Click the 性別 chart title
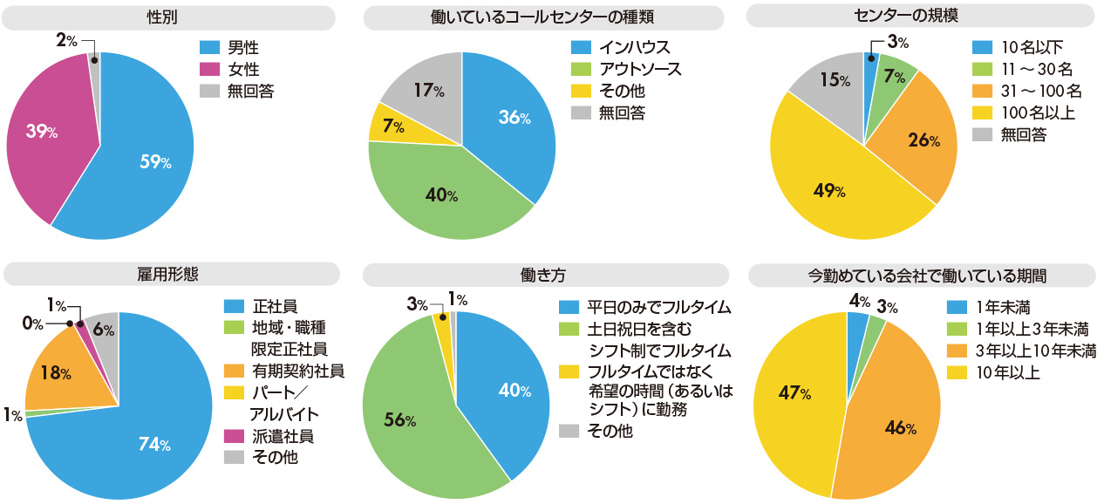(x=168, y=17)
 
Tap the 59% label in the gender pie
(x=155, y=161)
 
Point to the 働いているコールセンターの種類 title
(x=542, y=17)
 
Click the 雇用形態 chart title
(x=168, y=273)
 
